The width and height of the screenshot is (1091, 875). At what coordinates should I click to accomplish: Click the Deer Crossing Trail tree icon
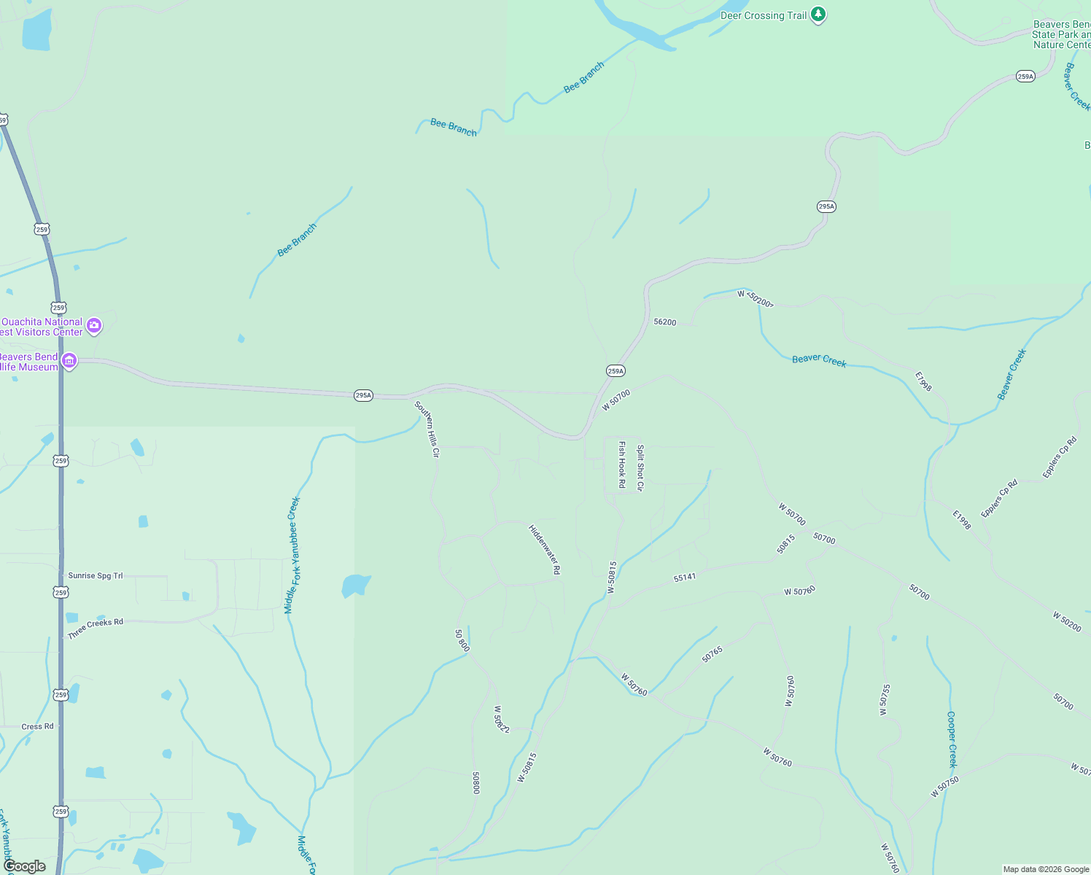click(818, 15)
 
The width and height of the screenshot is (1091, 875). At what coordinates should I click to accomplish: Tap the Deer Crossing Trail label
click(764, 15)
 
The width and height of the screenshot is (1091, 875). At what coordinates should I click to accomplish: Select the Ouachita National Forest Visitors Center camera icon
click(94, 326)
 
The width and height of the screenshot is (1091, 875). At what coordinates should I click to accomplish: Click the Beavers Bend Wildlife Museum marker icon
click(69, 361)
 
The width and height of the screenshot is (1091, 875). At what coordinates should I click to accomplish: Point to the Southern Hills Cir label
click(427, 429)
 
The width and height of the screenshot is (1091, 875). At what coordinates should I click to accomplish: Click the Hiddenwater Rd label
click(545, 549)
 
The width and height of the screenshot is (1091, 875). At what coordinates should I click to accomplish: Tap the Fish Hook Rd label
click(622, 464)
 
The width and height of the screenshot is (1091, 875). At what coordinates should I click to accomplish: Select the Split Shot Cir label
click(640, 468)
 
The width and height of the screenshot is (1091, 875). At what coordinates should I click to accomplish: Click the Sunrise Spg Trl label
click(96, 576)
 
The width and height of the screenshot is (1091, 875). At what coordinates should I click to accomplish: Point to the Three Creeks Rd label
click(96, 629)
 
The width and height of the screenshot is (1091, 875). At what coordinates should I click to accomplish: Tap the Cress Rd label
click(37, 726)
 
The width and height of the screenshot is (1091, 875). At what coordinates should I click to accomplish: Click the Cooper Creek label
click(952, 739)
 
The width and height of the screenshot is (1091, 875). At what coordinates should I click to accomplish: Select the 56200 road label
click(665, 322)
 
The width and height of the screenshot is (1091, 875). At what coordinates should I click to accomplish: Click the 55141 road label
click(685, 577)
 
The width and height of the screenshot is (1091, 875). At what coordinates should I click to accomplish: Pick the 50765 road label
click(713, 654)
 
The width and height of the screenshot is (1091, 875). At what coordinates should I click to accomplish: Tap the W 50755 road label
click(885, 700)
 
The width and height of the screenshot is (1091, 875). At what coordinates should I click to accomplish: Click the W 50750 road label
click(944, 787)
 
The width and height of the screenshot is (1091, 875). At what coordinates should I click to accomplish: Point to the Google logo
click(25, 866)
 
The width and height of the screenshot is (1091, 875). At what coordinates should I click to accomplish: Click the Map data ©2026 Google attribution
click(1046, 869)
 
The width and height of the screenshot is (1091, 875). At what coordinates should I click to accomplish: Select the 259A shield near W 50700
click(616, 371)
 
